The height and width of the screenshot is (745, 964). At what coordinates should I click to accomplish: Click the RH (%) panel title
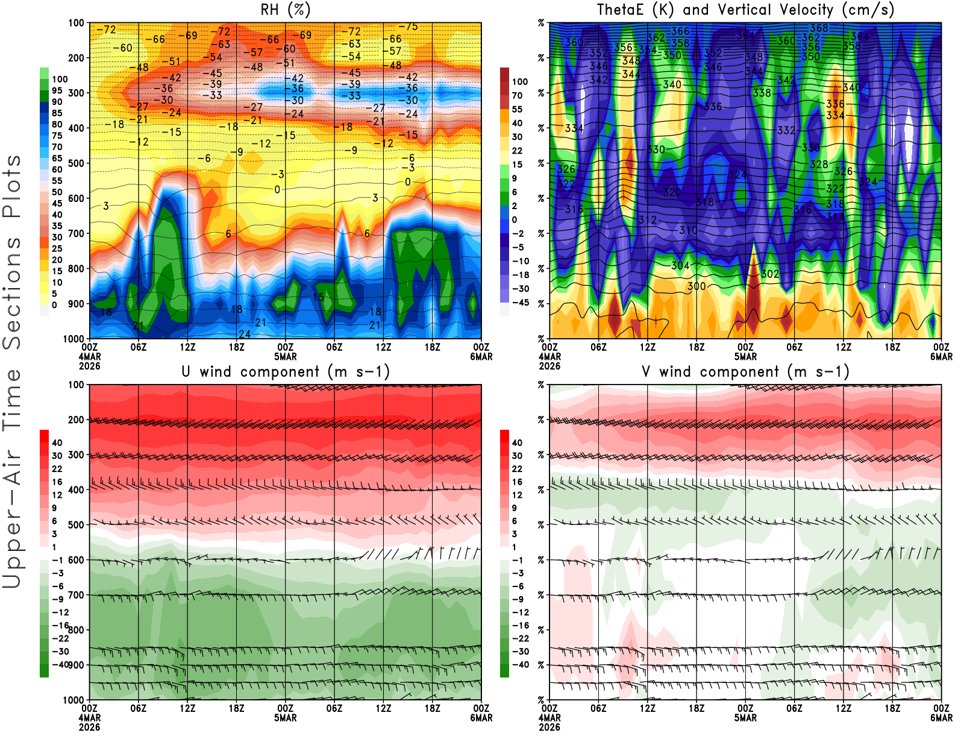(x=286, y=10)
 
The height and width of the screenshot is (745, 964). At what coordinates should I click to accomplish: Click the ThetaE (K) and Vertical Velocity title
(x=745, y=10)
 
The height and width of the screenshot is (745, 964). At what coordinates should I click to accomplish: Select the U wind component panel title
(x=286, y=371)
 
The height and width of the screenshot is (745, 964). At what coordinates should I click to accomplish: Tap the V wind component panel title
(x=745, y=371)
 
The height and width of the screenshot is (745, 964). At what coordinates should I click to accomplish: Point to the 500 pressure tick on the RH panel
(x=76, y=163)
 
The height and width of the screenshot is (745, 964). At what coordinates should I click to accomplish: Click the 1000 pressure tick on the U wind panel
(x=74, y=700)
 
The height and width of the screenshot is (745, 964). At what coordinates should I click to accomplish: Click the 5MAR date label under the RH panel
(x=286, y=356)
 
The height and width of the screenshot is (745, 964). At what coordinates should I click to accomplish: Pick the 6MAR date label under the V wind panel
(x=941, y=718)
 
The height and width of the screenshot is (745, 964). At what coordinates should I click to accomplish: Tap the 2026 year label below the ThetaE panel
(x=549, y=366)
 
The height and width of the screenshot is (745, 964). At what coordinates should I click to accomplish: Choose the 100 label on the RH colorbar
(x=60, y=79)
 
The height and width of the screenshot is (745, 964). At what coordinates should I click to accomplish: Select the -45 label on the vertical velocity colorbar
(x=520, y=303)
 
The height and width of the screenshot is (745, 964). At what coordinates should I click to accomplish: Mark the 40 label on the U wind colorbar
(x=57, y=442)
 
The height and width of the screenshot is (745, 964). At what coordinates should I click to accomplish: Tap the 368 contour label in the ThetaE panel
(x=819, y=28)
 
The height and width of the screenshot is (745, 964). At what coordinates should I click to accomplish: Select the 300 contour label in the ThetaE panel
(x=696, y=286)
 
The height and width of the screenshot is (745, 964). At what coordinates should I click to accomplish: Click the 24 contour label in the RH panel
(x=245, y=334)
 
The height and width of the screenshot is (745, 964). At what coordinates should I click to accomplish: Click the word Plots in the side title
(x=12, y=187)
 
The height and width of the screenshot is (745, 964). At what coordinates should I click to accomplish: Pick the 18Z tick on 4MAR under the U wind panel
(x=236, y=708)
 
